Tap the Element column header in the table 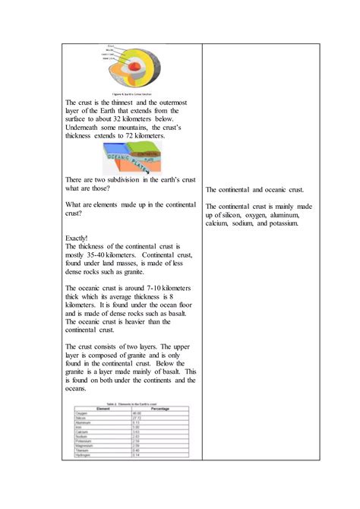98,408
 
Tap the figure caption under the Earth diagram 133,93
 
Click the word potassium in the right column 283,223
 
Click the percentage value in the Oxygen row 137,413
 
